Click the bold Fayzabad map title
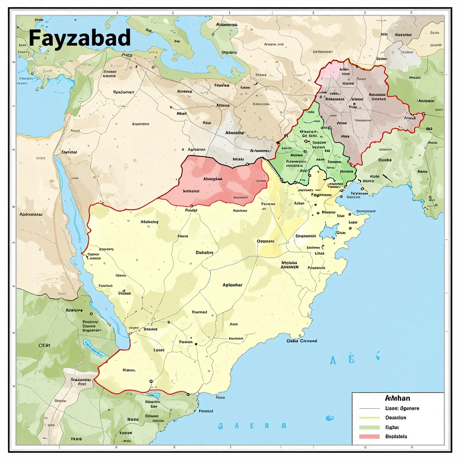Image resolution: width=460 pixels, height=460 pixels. pyautogui.click(x=80, y=38)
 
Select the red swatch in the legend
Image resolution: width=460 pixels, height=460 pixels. pyautogui.click(x=369, y=436)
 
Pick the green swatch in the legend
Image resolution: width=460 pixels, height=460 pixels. pyautogui.click(x=369, y=427)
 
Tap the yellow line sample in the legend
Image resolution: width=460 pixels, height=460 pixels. pyautogui.click(x=369, y=418)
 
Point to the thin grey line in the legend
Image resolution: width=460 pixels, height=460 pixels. pyautogui.click(x=369, y=408)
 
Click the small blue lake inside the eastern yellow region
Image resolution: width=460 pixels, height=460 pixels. pyautogui.click(x=329, y=231)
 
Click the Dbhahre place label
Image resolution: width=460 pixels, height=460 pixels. pyautogui.click(x=204, y=252)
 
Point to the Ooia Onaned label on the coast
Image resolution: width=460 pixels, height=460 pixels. pyautogui.click(x=302, y=341)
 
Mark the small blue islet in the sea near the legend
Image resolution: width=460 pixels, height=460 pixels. pyautogui.click(x=330, y=418)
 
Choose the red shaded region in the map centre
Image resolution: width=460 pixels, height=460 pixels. pyautogui.click(x=216, y=182)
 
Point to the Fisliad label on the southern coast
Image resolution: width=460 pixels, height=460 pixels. pyautogui.click(x=206, y=411)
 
